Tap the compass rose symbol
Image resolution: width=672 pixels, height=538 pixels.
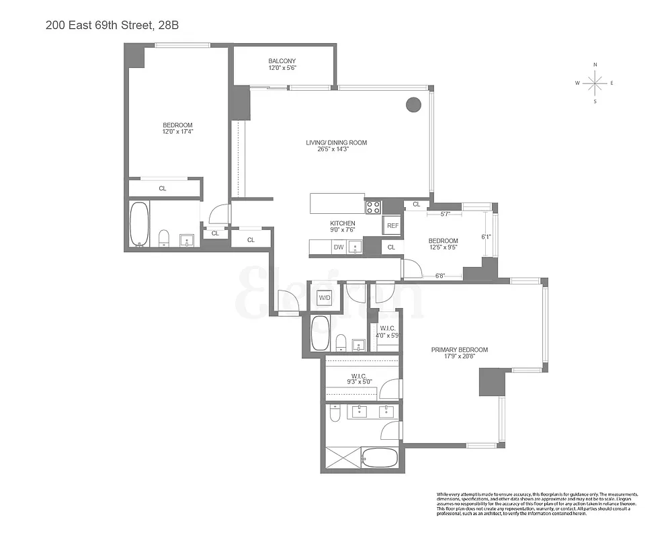tap(595, 83)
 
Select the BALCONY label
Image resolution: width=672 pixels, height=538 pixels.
tap(282, 61)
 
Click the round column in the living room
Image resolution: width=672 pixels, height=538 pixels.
tap(413, 104)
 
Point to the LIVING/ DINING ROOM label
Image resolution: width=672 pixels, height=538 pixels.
tap(336, 143)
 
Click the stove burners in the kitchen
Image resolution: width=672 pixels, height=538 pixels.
tap(373, 207)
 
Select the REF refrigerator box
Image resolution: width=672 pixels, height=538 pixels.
tap(392, 226)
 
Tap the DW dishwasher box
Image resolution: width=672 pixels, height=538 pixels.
tap(338, 247)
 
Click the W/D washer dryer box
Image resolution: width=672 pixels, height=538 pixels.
tap(325, 297)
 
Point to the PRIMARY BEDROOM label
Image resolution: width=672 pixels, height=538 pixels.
tap(460, 350)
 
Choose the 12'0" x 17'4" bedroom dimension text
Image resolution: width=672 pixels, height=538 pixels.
tap(177, 132)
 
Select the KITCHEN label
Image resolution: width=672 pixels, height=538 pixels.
tap(342, 223)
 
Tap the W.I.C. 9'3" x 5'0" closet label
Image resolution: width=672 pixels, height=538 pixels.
tap(357, 379)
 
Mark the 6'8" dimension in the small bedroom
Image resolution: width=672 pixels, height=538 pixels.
tap(441, 275)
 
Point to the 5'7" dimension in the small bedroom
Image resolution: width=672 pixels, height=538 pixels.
tap(446, 214)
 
